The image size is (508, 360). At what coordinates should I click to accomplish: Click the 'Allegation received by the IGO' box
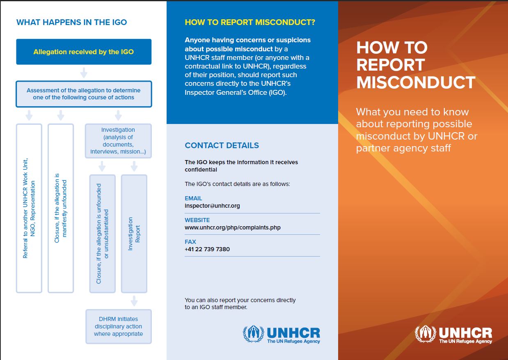click(84, 52)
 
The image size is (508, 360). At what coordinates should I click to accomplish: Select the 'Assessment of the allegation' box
click(84, 94)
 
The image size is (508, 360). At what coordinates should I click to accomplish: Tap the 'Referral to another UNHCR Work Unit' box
click(29, 208)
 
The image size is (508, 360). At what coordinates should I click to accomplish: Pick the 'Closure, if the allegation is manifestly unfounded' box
click(61, 208)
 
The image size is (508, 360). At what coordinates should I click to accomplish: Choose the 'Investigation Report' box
click(134, 234)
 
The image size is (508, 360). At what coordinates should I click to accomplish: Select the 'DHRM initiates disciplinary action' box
click(118, 326)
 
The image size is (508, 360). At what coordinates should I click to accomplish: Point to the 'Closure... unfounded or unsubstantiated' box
click(102, 234)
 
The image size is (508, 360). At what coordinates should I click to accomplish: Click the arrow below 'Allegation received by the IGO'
click(84, 73)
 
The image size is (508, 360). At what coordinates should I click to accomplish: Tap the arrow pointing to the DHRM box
click(134, 301)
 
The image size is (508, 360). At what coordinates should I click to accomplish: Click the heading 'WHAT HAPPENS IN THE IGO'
click(72, 22)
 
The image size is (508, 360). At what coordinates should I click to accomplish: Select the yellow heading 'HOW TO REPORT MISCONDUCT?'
click(250, 22)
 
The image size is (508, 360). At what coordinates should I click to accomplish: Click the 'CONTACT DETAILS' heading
click(222, 145)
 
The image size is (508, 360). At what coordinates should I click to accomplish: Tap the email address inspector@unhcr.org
click(212, 206)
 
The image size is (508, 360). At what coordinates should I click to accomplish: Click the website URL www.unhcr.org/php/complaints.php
click(232, 227)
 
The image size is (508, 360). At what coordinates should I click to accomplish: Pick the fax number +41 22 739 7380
click(207, 249)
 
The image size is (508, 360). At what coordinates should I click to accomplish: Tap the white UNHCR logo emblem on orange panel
click(425, 334)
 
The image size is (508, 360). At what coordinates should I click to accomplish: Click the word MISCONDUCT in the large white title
click(415, 83)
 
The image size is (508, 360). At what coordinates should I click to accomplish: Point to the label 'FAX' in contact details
click(190, 242)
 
